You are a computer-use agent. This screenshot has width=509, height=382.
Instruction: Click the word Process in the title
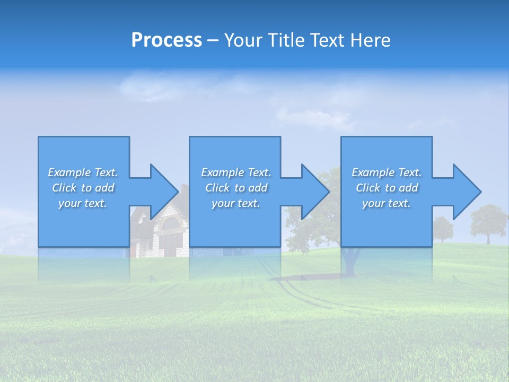[x=166, y=40]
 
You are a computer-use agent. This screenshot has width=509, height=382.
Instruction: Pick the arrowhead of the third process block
[x=466, y=192]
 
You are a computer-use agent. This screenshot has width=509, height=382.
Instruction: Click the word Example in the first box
[x=69, y=172]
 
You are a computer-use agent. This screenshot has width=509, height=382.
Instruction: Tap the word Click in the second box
[x=218, y=188]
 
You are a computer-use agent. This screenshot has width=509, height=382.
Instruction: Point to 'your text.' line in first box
[x=83, y=203]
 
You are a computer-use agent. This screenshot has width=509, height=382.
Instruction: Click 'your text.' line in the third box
[x=387, y=203]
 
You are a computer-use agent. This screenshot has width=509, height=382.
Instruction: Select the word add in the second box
[x=258, y=188]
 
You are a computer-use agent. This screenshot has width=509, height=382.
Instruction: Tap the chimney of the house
[x=184, y=189]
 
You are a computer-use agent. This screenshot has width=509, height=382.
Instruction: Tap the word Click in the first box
[x=64, y=188]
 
